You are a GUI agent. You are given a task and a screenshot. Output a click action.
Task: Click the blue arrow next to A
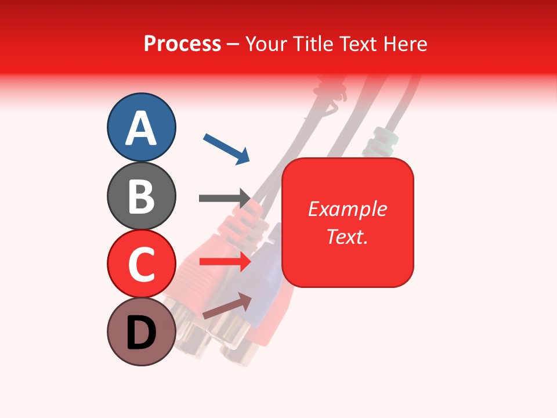226,148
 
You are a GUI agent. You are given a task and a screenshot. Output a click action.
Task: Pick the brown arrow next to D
227,305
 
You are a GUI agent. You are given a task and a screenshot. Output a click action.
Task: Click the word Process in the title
182,44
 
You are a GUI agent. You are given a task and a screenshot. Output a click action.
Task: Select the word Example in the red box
347,209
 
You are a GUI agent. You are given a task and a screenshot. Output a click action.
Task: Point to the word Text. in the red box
347,236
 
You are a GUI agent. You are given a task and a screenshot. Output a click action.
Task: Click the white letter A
141,128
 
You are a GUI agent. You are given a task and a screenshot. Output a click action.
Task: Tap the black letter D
142,333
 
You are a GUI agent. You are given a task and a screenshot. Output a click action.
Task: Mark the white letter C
142,265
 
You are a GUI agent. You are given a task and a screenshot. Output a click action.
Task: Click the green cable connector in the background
380,139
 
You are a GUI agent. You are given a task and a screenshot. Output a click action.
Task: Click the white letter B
142,196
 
